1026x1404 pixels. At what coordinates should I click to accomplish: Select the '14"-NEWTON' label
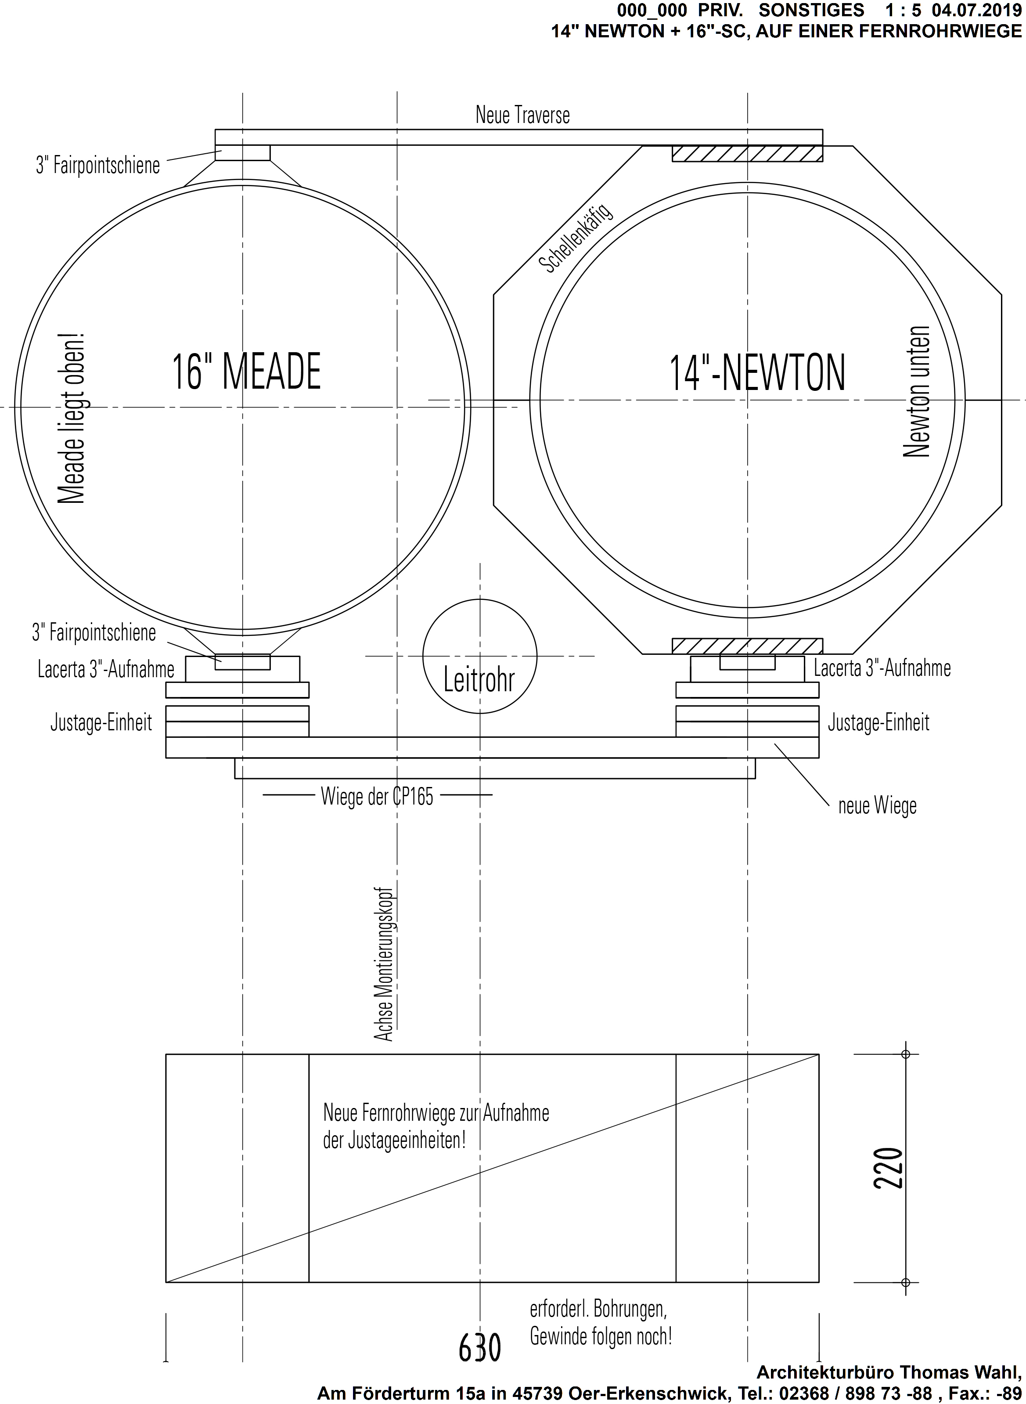[x=757, y=373]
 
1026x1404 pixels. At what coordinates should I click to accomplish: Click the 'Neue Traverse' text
[x=522, y=115]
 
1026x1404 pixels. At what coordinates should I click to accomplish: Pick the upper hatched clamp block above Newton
[x=747, y=153]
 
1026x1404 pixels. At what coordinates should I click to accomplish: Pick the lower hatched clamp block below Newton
[x=747, y=646]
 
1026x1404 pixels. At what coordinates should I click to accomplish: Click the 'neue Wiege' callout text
[x=877, y=806]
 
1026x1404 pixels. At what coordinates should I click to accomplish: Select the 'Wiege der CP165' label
[x=377, y=796]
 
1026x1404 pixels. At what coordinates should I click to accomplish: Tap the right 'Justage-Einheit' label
[x=878, y=722]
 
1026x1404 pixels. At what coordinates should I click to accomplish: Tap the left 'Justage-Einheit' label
[x=101, y=722]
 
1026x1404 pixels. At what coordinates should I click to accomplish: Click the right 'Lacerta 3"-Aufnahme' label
[x=882, y=668]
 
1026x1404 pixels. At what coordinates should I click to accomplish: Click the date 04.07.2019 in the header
[x=976, y=10]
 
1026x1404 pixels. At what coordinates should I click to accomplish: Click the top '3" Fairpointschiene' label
[x=98, y=165]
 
